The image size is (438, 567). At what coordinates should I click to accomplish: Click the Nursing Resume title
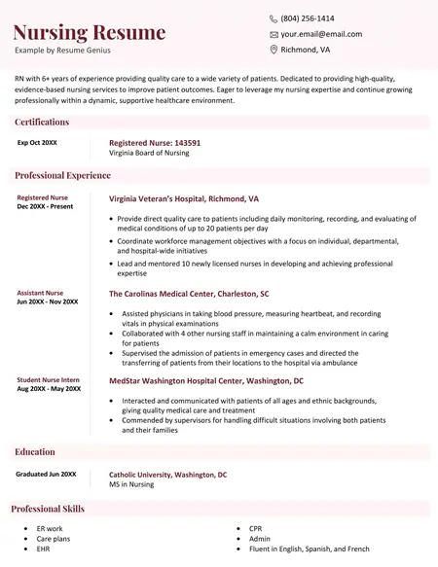tap(90, 32)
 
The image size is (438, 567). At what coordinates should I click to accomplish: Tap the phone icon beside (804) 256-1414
tap(274, 18)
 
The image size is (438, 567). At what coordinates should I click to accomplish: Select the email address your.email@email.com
tap(321, 34)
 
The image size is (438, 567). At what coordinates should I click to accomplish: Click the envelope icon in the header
tap(274, 34)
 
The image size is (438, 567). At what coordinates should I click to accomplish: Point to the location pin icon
tap(274, 50)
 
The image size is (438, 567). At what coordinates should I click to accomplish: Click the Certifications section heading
tap(42, 123)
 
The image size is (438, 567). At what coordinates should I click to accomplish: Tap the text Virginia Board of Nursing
tap(149, 154)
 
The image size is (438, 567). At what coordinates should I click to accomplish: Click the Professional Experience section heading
tap(62, 176)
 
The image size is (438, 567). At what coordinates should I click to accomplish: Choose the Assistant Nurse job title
tap(40, 293)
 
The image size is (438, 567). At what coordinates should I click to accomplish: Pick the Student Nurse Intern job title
tap(49, 379)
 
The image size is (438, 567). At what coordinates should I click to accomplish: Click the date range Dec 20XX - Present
tap(45, 207)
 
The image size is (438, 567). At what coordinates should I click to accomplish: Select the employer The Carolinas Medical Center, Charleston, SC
tap(189, 294)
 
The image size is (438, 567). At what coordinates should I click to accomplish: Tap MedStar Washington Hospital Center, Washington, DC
tap(206, 381)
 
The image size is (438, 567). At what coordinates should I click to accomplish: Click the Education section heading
tap(35, 452)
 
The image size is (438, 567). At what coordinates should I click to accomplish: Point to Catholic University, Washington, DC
tap(167, 475)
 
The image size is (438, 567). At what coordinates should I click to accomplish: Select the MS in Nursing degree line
tap(131, 484)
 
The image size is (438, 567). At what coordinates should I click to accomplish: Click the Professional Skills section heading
tap(48, 509)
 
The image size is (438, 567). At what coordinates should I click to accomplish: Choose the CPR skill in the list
tap(256, 528)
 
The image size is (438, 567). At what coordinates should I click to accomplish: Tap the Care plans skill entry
tap(54, 539)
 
